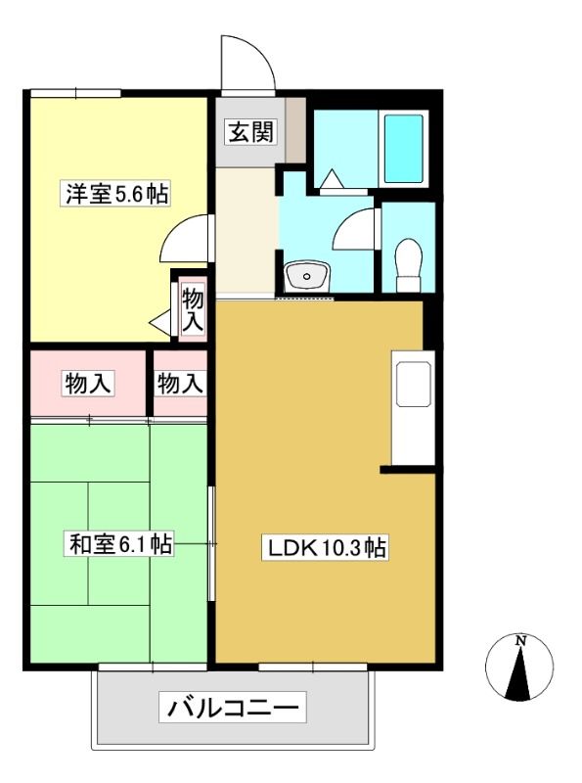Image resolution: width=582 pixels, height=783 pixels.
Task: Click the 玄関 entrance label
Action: tap(251, 132)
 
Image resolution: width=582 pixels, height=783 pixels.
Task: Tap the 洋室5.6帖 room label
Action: tap(116, 194)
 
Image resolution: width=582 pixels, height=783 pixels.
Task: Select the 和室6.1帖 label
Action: tap(120, 544)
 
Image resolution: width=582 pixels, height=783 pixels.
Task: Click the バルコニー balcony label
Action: tap(233, 707)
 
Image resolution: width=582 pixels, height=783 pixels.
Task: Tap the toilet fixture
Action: tap(408, 265)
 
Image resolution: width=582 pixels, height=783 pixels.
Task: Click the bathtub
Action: tap(403, 149)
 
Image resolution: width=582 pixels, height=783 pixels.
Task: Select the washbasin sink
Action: tap(306, 276)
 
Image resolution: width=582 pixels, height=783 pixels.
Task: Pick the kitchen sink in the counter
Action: tap(413, 384)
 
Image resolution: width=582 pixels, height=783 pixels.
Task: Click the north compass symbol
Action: tap(519, 668)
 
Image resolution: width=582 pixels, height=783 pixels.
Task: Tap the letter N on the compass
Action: tap(520, 640)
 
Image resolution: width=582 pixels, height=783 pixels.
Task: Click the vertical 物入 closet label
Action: tap(192, 310)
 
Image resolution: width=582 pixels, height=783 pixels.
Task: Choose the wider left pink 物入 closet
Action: tap(88, 383)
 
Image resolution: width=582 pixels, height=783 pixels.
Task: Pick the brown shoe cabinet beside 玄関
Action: tap(295, 130)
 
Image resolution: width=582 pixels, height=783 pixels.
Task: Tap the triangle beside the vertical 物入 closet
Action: tap(160, 323)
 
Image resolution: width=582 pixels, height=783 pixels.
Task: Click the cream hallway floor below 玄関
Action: tap(246, 231)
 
